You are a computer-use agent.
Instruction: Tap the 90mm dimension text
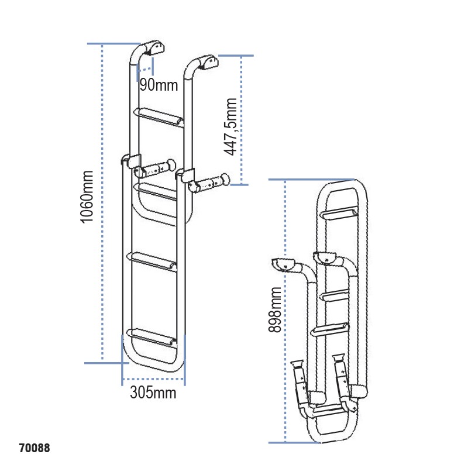click(x=158, y=85)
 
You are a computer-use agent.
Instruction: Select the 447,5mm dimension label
click(x=232, y=127)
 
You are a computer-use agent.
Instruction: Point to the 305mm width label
click(x=153, y=393)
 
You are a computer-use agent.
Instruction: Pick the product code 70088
click(x=34, y=449)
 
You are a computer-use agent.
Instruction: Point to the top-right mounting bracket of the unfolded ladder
click(x=207, y=60)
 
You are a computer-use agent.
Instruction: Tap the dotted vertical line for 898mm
click(x=285, y=311)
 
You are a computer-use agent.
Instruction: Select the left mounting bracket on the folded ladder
click(x=284, y=264)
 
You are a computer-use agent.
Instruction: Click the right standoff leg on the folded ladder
click(x=342, y=377)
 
